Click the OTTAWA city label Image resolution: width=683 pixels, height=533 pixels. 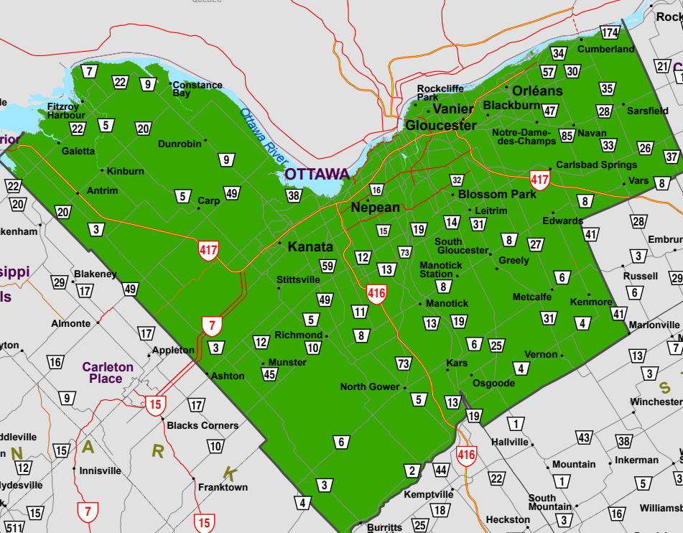point(317,174)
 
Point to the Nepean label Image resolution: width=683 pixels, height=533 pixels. point(375,208)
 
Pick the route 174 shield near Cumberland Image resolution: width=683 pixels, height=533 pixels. point(610,33)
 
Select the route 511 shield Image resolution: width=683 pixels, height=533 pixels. point(14,528)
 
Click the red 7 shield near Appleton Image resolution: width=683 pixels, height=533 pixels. point(210,325)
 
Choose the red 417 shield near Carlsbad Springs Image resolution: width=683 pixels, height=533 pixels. point(539,180)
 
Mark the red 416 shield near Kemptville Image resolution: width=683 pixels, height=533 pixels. point(466,455)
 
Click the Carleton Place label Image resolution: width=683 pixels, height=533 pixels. point(107,372)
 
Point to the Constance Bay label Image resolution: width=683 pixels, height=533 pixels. point(198,89)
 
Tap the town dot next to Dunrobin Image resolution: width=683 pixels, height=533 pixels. point(205,140)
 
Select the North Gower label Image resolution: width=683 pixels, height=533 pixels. point(369,387)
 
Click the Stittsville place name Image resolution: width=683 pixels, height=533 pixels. point(297,279)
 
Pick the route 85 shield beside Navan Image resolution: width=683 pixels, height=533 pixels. point(567,136)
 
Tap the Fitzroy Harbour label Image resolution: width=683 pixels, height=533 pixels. point(66,111)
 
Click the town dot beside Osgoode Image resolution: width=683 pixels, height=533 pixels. point(471,375)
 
